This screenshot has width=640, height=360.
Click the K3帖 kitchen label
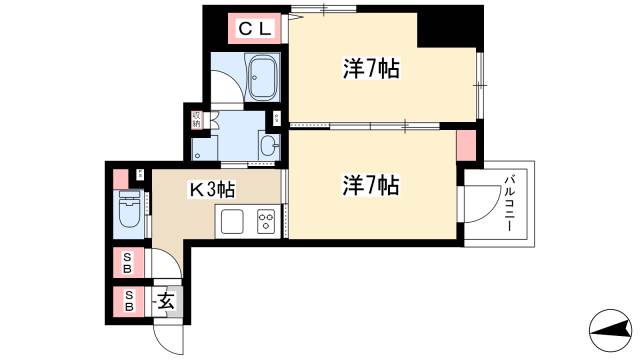[x=213, y=186]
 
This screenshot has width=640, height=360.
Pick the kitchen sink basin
[x=233, y=222]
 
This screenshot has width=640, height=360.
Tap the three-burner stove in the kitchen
[x=266, y=222]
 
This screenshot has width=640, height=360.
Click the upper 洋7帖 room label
[x=371, y=69]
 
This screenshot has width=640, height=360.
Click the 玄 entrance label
[x=166, y=300]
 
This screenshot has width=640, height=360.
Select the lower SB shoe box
[x=127, y=300]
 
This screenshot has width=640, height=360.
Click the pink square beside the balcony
[x=464, y=144]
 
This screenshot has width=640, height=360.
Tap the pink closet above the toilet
[x=121, y=180]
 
